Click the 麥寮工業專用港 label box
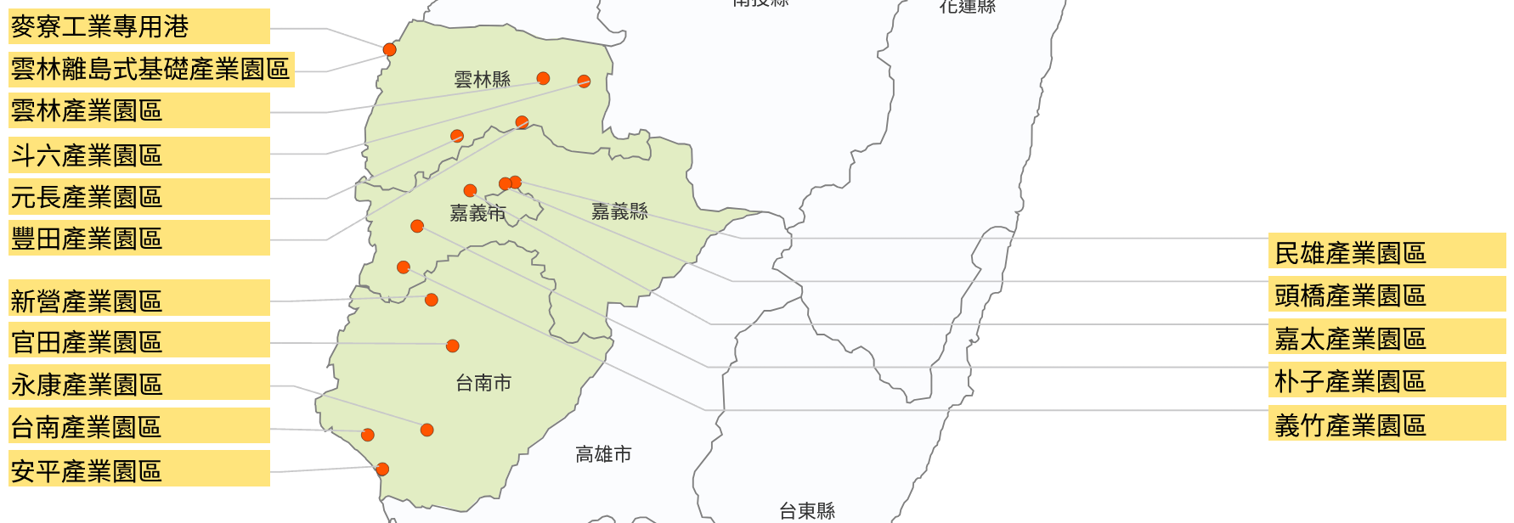coord(139,26)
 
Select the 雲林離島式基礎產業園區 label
coord(151,69)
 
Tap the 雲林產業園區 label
coord(139,110)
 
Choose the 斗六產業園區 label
coord(139,155)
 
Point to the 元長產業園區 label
coord(139,197)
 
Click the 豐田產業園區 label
coord(139,239)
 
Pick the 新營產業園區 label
coord(139,300)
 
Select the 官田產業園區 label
coord(139,341)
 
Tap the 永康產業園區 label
coord(139,384)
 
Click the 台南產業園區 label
coord(139,426)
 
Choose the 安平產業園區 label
coord(139,470)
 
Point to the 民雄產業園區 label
coord(1387,252)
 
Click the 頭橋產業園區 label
coord(1387,295)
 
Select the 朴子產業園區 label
coord(1387,380)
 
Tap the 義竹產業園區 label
coord(1387,424)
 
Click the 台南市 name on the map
coord(483,383)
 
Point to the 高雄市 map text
coord(603,454)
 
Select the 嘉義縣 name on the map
coord(619,211)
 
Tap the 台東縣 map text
coord(807,510)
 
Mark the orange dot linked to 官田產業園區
coord(453,346)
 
